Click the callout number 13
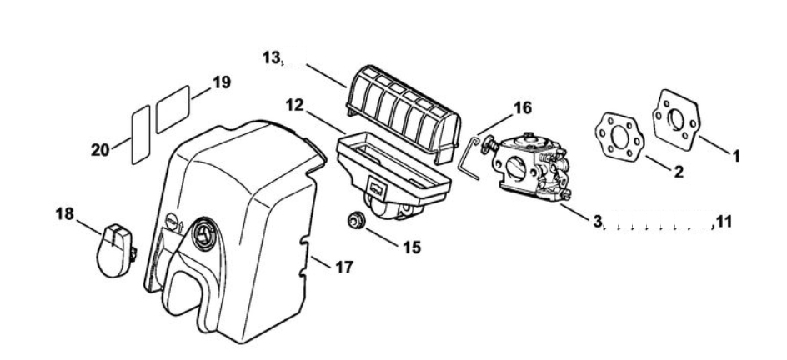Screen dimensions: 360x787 pyautogui.click(x=271, y=58)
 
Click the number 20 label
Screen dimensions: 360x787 pyautogui.click(x=100, y=150)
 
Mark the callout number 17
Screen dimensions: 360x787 pyautogui.click(x=343, y=267)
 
